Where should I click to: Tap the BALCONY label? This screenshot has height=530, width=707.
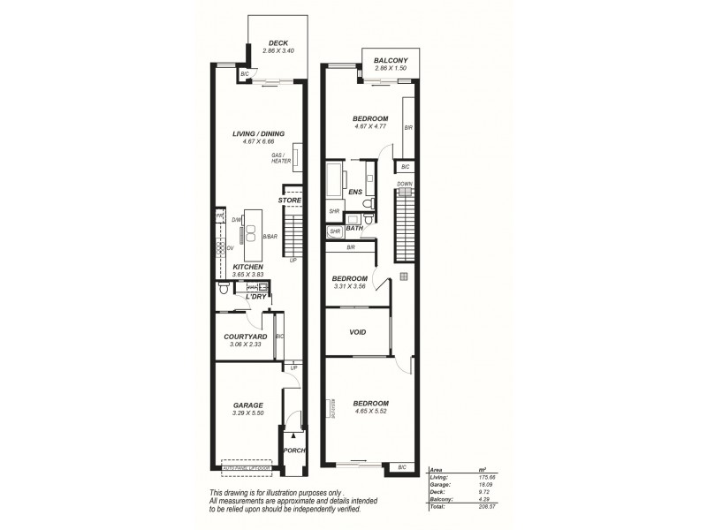pyautogui.click(x=390, y=59)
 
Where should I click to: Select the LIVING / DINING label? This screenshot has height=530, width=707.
pyautogui.click(x=258, y=133)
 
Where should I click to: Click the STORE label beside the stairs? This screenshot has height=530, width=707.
pyautogui.click(x=290, y=201)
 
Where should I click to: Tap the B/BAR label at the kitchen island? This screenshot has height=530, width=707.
pyautogui.click(x=271, y=236)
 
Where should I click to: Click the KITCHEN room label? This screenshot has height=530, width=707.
pyautogui.click(x=247, y=266)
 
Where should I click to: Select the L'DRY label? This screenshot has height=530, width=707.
pyautogui.click(x=255, y=296)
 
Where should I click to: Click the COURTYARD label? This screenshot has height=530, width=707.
pyautogui.click(x=247, y=337)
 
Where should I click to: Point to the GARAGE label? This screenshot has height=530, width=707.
pyautogui.click(x=248, y=405)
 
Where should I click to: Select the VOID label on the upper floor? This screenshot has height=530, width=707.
pyautogui.click(x=358, y=332)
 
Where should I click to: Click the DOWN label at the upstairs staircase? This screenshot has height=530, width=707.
pyautogui.click(x=404, y=184)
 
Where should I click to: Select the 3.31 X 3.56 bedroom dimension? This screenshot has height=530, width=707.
pyautogui.click(x=349, y=286)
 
